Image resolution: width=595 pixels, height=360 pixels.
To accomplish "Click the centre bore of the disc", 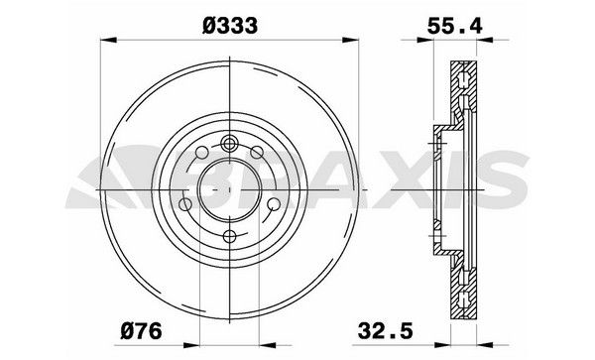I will coord(229,187).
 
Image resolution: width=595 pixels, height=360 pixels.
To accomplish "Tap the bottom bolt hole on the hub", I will coord(229,236).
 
